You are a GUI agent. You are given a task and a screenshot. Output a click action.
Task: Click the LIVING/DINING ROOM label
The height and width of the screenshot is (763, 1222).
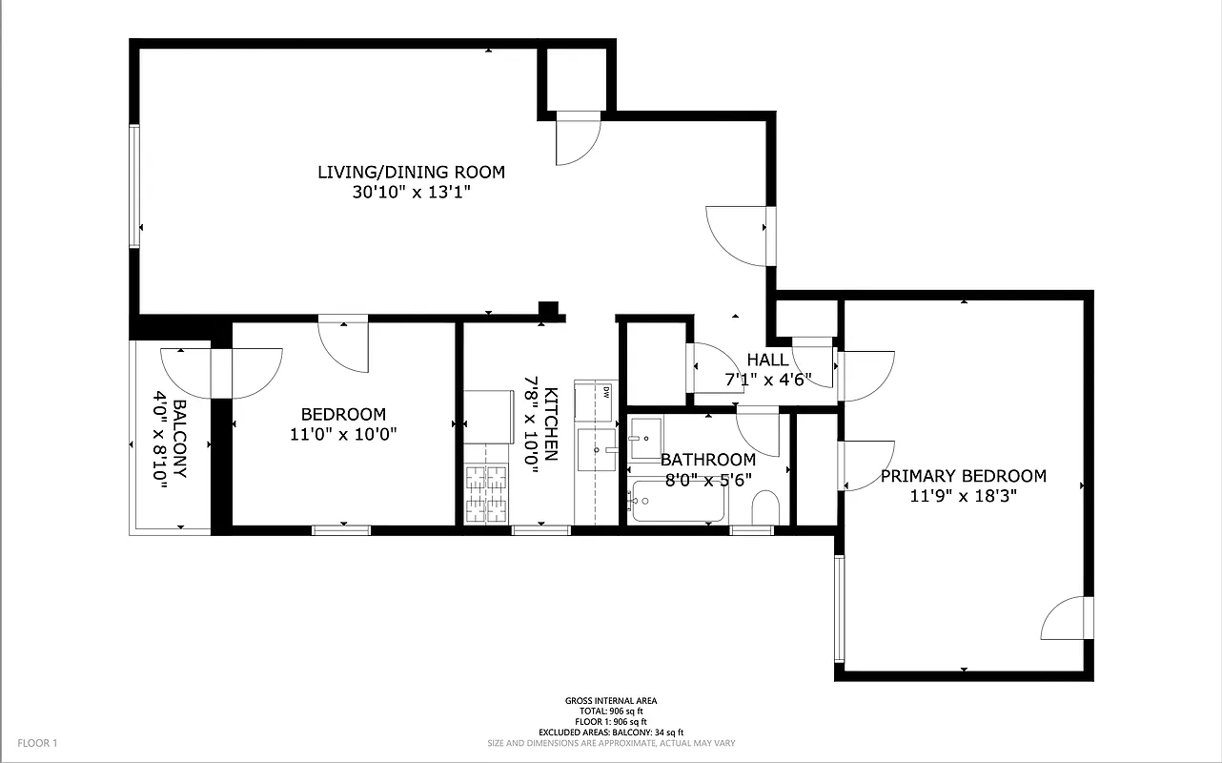tap(411, 172)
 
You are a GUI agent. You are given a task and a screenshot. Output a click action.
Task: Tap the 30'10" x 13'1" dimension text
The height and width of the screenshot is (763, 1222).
tap(411, 192)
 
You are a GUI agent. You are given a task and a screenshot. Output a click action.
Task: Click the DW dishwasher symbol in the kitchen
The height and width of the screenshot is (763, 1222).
tap(605, 392)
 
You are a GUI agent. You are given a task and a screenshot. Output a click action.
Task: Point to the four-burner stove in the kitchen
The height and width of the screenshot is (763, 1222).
tap(486, 493)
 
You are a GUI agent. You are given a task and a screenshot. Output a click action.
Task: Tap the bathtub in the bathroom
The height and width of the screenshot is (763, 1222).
tap(678, 502)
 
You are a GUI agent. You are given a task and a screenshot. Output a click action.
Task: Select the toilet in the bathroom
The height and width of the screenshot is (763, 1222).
tap(765, 508)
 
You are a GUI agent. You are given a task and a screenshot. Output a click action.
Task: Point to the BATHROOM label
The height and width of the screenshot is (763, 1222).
tap(707, 460)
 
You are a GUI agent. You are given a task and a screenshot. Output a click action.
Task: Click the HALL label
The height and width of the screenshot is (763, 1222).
tap(767, 360)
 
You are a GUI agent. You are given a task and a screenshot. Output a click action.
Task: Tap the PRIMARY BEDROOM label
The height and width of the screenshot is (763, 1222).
tap(963, 476)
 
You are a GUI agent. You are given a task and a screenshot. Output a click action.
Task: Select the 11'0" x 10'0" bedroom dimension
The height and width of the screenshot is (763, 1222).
tap(343, 434)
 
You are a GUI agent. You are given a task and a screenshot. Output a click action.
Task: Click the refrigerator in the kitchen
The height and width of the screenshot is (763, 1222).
tap(488, 416)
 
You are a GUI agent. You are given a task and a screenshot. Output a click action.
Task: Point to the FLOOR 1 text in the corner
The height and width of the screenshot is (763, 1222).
tap(38, 742)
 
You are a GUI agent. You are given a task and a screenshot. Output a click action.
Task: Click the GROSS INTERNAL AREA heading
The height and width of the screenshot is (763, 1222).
tap(610, 701)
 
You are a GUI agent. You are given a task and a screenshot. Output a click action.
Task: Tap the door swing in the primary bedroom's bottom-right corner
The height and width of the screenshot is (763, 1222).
tap(1064, 620)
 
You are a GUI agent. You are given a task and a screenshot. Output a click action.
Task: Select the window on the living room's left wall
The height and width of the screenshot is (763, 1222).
tap(134, 186)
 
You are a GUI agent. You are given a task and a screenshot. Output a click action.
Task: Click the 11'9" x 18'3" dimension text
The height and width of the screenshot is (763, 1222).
tap(963, 496)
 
